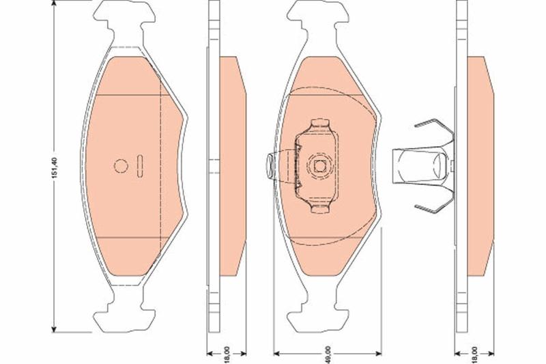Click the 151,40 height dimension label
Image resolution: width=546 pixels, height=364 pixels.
[54, 168]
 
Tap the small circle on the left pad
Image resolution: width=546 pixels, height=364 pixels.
[121, 166]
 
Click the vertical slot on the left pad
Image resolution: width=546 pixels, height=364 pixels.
[140, 166]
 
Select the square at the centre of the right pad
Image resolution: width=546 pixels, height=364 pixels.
[320, 166]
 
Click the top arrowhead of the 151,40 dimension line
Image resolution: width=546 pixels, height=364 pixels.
[54, 3]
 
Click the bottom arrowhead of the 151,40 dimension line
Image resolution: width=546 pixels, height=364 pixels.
[54, 329]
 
